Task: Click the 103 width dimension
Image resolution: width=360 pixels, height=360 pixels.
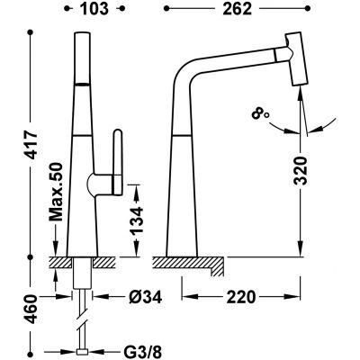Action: [x=94, y=9]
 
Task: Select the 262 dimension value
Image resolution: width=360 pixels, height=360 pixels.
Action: [x=237, y=9]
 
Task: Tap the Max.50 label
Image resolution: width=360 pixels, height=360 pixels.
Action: [x=56, y=193]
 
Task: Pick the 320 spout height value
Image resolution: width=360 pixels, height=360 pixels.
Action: [x=301, y=170]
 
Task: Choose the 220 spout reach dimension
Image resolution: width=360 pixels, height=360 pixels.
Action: [x=241, y=297]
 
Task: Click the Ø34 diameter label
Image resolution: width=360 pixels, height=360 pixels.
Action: [x=146, y=297]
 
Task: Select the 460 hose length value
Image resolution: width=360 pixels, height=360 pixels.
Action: [x=31, y=310]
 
